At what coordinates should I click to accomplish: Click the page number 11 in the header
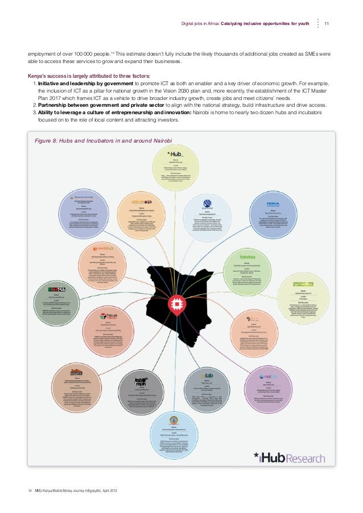[x=326, y=23]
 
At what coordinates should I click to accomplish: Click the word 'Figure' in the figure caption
[x=46, y=140]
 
